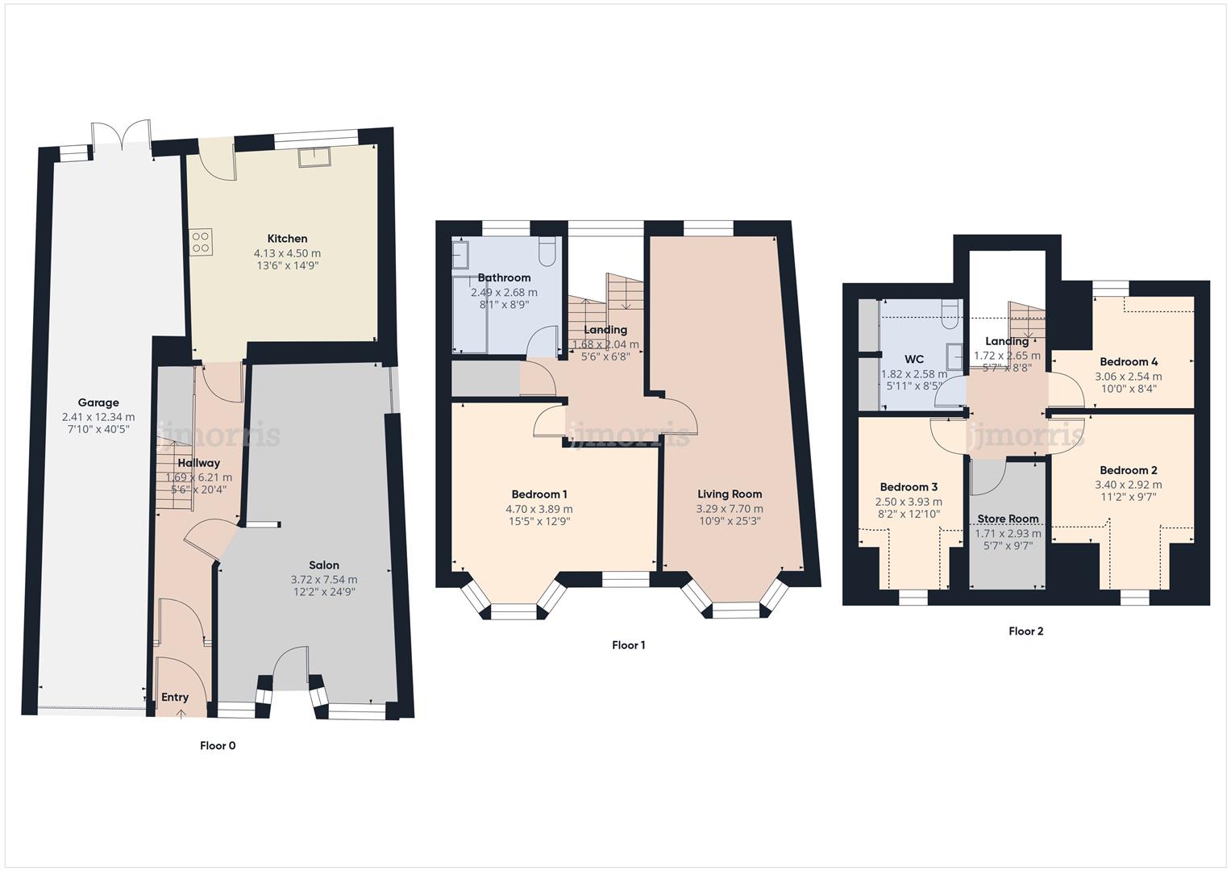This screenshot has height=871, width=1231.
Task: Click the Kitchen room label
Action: pyautogui.click(x=287, y=239)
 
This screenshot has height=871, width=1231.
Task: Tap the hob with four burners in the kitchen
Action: pyautogui.click(x=201, y=242)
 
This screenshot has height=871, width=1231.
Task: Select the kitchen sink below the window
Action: pyautogui.click(x=314, y=157)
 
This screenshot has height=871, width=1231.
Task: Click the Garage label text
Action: pyautogui.click(x=98, y=403)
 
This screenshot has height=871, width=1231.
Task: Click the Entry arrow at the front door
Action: pyautogui.click(x=181, y=712)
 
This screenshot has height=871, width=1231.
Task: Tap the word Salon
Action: pyautogui.click(x=324, y=565)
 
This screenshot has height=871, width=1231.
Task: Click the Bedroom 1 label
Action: pyautogui.click(x=539, y=494)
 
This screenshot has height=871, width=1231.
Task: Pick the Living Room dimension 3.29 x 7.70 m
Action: pyautogui.click(x=729, y=509)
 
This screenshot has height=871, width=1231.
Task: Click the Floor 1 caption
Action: pyautogui.click(x=629, y=645)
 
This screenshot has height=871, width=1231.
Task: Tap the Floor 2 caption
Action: pyautogui.click(x=1025, y=631)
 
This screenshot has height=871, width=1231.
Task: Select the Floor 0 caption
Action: pyautogui.click(x=218, y=746)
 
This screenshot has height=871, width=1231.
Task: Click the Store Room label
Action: pyautogui.click(x=1008, y=519)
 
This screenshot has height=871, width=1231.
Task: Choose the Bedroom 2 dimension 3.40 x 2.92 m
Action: pyautogui.click(x=1128, y=485)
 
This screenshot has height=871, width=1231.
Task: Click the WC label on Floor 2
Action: pyautogui.click(x=914, y=360)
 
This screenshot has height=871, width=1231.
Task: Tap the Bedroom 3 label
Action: pyautogui.click(x=909, y=487)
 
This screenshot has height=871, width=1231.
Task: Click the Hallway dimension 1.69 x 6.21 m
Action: pyautogui.click(x=198, y=477)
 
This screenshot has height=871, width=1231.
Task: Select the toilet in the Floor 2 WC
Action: pyautogui.click(x=950, y=312)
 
